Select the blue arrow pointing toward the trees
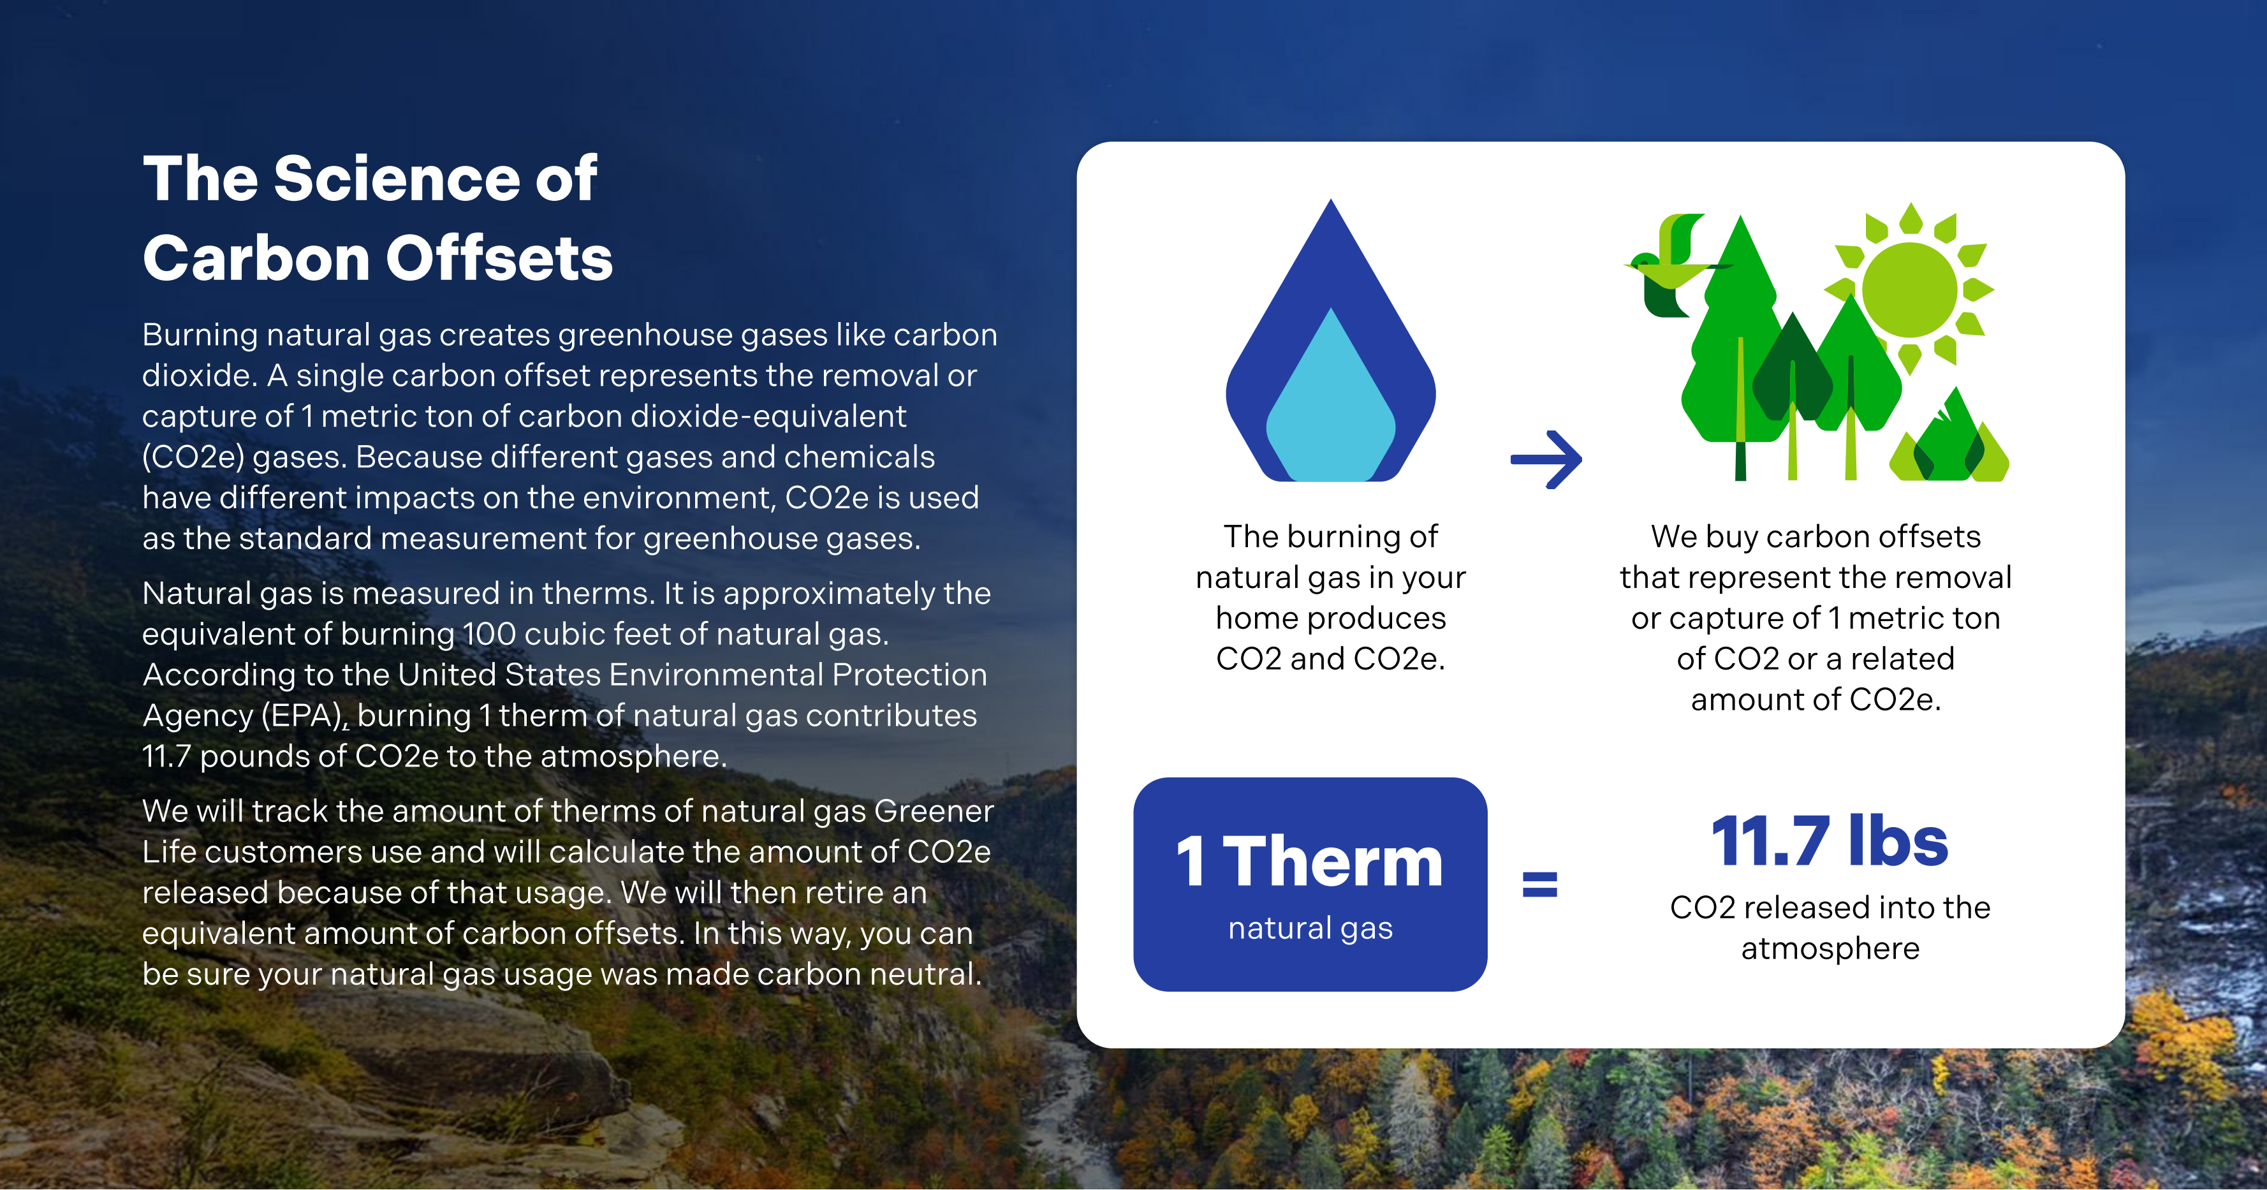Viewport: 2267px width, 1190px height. [1546, 459]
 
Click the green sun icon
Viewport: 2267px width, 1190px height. [1909, 290]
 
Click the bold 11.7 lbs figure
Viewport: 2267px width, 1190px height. [1830, 841]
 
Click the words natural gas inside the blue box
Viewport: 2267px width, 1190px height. [1310, 929]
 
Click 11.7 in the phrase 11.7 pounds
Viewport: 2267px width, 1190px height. [166, 756]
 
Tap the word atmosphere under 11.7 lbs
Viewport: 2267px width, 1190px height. [1830, 949]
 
